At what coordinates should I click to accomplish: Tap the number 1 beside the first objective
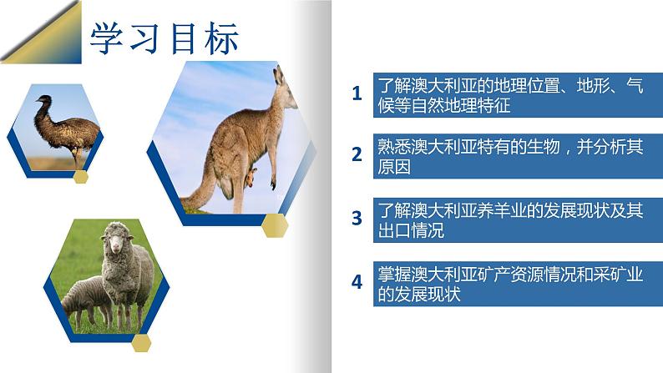pyautogui.click(x=357, y=93)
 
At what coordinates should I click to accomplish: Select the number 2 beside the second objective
pyautogui.click(x=357, y=155)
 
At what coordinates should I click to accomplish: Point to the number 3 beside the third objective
pyautogui.click(x=357, y=218)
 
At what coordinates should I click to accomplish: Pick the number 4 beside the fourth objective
pyautogui.click(x=357, y=281)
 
